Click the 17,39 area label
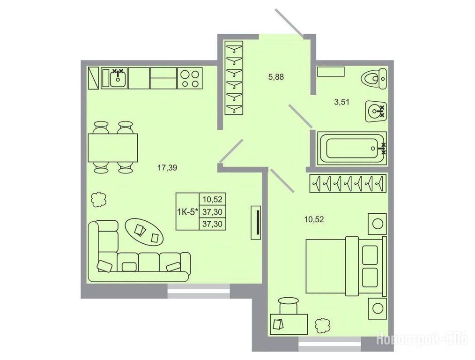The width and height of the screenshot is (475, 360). [167, 167]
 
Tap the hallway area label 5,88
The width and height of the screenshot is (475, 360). [276, 77]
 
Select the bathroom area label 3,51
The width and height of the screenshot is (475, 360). [341, 102]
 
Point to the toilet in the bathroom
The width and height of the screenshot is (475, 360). [373, 79]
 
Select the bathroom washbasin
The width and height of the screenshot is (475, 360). [376, 111]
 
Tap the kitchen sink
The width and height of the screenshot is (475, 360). [117, 78]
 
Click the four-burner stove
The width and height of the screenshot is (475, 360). [190, 78]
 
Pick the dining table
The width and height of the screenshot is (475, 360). [113, 148]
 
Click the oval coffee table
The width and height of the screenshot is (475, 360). [144, 232]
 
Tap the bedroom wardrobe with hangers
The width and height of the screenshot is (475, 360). [348, 183]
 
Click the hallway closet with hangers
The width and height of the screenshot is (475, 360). [234, 77]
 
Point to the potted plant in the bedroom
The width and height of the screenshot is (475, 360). [323, 326]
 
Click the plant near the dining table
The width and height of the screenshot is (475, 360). [99, 200]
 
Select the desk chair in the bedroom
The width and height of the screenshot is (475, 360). [289, 305]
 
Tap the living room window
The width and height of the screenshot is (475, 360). [199, 291]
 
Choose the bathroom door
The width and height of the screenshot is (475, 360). [300, 116]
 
